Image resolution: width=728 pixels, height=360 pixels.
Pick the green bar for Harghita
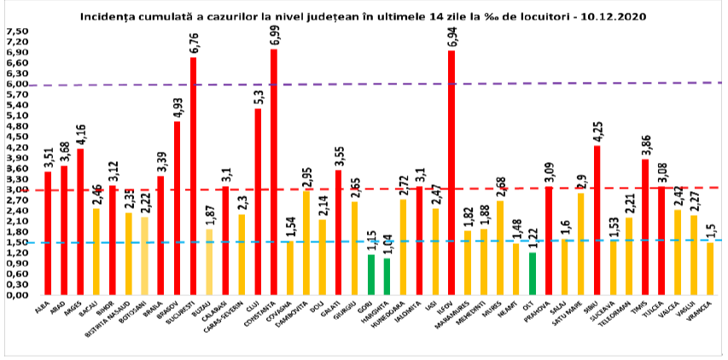coord(387,276)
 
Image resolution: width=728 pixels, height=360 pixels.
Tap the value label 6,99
coord(274,32)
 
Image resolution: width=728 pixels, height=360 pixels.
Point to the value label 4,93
coord(177,105)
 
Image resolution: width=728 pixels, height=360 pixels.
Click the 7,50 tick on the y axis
coord(16,31)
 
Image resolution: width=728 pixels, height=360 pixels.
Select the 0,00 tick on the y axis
coord(16,295)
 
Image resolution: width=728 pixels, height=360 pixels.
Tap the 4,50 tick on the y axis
coord(16,136)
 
